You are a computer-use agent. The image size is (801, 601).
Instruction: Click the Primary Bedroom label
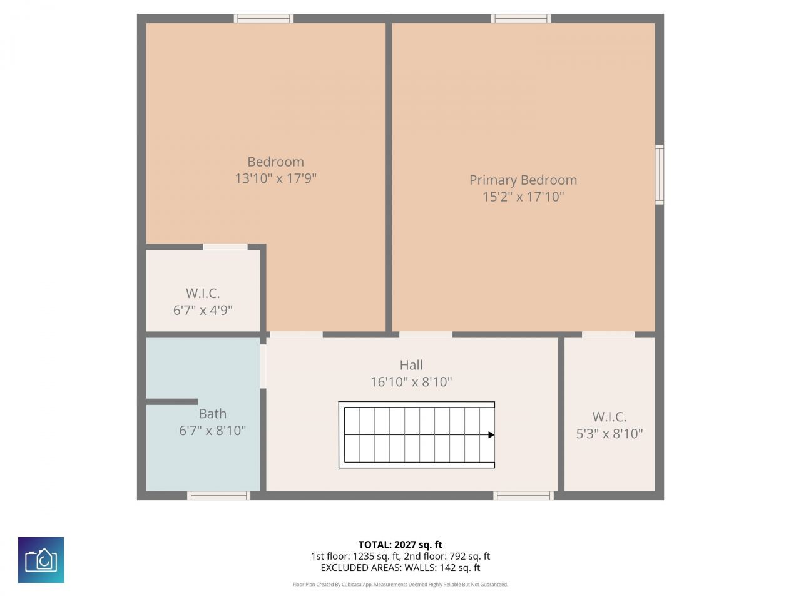tap(523, 180)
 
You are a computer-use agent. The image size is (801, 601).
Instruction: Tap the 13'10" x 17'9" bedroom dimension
tap(275, 178)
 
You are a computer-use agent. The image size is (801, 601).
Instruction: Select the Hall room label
tap(411, 365)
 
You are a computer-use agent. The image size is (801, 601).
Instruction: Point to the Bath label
tap(212, 414)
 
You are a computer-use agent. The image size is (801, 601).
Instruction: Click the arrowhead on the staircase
tap(491, 434)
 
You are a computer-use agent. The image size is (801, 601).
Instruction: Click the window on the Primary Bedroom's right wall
tap(659, 175)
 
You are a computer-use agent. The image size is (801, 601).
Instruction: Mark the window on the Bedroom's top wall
tap(263, 19)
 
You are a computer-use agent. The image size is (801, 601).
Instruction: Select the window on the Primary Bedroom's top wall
tap(521, 19)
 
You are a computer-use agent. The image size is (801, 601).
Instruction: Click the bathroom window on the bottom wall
tap(219, 496)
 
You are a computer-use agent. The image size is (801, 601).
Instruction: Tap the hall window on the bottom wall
tap(523, 496)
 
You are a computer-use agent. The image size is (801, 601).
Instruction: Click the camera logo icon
tap(41, 560)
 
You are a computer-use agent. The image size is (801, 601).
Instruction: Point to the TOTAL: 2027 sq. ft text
tap(400, 545)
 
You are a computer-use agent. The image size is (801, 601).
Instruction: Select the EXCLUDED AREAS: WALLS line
tap(400, 568)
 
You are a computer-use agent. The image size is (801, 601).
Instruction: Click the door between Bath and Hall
tap(263, 366)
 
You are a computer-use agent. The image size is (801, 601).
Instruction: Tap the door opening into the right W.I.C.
tap(608, 335)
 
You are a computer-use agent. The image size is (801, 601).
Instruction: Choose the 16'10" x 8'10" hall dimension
tap(411, 382)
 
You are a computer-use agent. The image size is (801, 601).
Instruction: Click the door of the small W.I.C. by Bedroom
tap(225, 247)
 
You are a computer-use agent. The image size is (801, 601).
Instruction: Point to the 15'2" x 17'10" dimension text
tap(523, 197)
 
